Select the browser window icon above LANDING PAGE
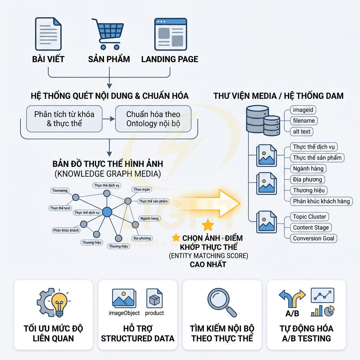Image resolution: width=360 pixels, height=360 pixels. point(170,34)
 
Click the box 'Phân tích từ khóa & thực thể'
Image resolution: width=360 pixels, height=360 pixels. point(64,119)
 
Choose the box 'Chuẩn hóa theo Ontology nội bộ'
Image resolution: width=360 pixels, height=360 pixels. point(147,119)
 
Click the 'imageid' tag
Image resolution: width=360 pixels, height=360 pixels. point(303,110)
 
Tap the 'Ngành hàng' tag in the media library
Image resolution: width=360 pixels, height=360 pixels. point(308,168)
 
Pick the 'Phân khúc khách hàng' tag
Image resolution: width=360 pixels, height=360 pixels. point(321,201)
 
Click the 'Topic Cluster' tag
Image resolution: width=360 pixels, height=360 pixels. point(310,217)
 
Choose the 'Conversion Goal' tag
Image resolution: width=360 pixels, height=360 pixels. point(313,238)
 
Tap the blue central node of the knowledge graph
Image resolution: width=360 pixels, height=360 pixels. point(107,212)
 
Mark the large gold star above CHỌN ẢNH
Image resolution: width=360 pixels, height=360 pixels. point(208,225)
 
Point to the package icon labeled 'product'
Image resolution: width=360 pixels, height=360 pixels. point(154,299)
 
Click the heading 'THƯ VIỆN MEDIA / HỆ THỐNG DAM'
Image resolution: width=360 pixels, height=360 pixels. point(278,96)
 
